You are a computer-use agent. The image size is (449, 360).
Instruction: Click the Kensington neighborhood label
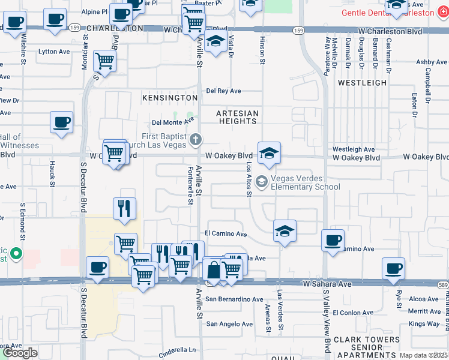[169, 97]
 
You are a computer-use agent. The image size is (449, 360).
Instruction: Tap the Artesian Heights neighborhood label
[238, 117]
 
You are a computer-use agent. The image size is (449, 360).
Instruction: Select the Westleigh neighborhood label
[362, 82]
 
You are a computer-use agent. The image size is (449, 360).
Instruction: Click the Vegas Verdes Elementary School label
[306, 182]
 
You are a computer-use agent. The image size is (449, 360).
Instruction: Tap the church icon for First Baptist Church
[195, 140]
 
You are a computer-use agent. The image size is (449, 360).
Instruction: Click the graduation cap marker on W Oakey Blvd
[270, 153]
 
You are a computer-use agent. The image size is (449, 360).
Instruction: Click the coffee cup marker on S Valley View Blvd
[333, 240]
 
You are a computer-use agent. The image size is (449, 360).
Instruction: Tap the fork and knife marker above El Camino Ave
[124, 208]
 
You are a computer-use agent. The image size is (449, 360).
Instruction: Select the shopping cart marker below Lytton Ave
[104, 61]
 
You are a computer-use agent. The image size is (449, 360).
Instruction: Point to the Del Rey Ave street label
[223, 91]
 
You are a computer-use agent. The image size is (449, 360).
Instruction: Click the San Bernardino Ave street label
[234, 299]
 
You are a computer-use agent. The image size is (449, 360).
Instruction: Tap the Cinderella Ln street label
[177, 350]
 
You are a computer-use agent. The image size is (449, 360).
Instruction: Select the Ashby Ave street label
[432, 62]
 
